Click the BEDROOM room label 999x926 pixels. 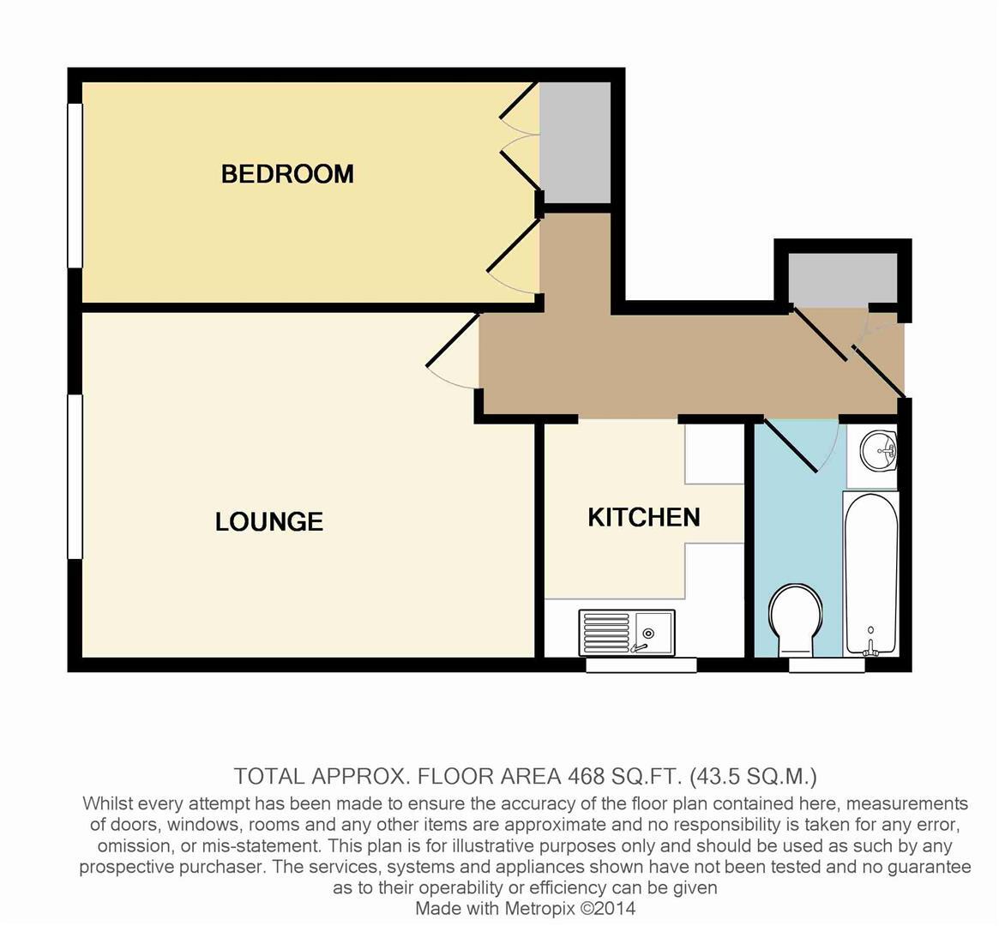click(x=287, y=174)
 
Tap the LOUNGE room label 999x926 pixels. click(x=269, y=521)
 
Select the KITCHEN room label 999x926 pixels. click(x=643, y=517)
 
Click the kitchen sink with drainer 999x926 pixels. click(x=627, y=633)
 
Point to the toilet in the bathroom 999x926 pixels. click(x=796, y=619)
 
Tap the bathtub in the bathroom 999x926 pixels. click(x=870, y=573)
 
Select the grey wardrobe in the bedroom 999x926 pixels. click(x=575, y=142)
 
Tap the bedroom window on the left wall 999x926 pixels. click(x=75, y=185)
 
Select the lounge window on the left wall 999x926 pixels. click(x=75, y=477)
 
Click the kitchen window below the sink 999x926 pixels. click(x=641, y=664)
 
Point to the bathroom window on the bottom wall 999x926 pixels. click(x=827, y=664)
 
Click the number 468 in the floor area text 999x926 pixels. click(x=587, y=777)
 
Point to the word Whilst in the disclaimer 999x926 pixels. click(x=109, y=804)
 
